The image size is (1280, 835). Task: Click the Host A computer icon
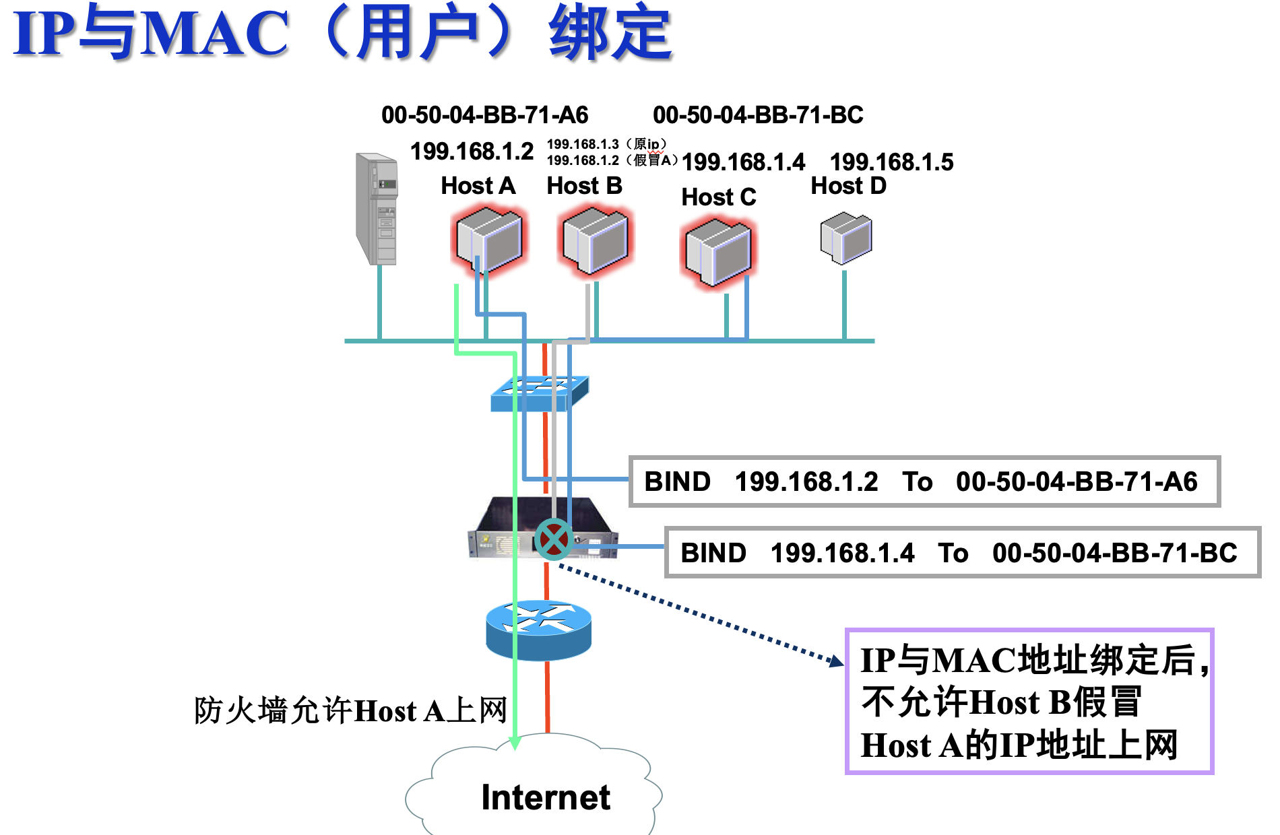[489, 240]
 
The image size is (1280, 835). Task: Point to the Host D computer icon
[846, 238]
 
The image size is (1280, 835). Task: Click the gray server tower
[377, 209]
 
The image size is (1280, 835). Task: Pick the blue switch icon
[539, 393]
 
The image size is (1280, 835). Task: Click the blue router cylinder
[539, 630]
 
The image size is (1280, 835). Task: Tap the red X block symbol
[554, 539]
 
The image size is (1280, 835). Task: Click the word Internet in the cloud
[546, 798]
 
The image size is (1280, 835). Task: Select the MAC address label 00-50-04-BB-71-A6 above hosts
[485, 115]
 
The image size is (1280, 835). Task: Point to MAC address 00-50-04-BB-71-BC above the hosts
[758, 115]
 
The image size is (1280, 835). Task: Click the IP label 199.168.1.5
[891, 162]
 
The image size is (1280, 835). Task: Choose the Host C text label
[718, 197]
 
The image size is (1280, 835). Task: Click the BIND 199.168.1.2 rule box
[924, 481]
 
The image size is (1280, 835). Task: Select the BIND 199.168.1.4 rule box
[962, 553]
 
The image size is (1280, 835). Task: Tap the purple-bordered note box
[1029, 702]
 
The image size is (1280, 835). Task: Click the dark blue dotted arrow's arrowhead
[837, 661]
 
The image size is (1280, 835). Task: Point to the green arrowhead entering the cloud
[515, 743]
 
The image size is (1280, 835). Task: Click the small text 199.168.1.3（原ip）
[606, 144]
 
